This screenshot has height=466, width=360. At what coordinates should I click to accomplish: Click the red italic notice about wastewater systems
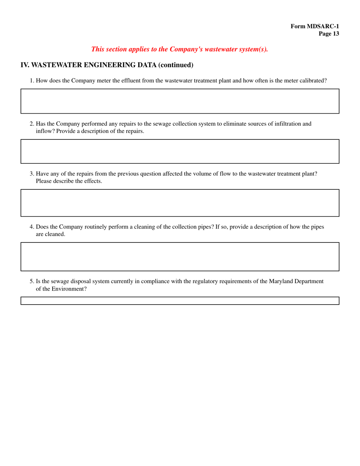coord(180,49)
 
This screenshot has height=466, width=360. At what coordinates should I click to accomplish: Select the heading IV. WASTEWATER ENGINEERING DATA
coord(88,65)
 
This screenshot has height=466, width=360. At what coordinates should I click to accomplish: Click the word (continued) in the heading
coord(176,65)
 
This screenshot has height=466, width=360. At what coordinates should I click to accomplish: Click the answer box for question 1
coord(180,101)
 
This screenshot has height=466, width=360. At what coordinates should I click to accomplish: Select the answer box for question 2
coord(180,151)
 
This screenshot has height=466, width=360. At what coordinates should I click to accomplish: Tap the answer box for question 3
coord(180,203)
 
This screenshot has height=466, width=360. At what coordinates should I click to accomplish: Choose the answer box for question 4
coord(180,256)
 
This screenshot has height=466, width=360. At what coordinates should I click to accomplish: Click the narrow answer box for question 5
coord(180,300)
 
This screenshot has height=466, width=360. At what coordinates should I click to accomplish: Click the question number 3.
coord(32,174)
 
